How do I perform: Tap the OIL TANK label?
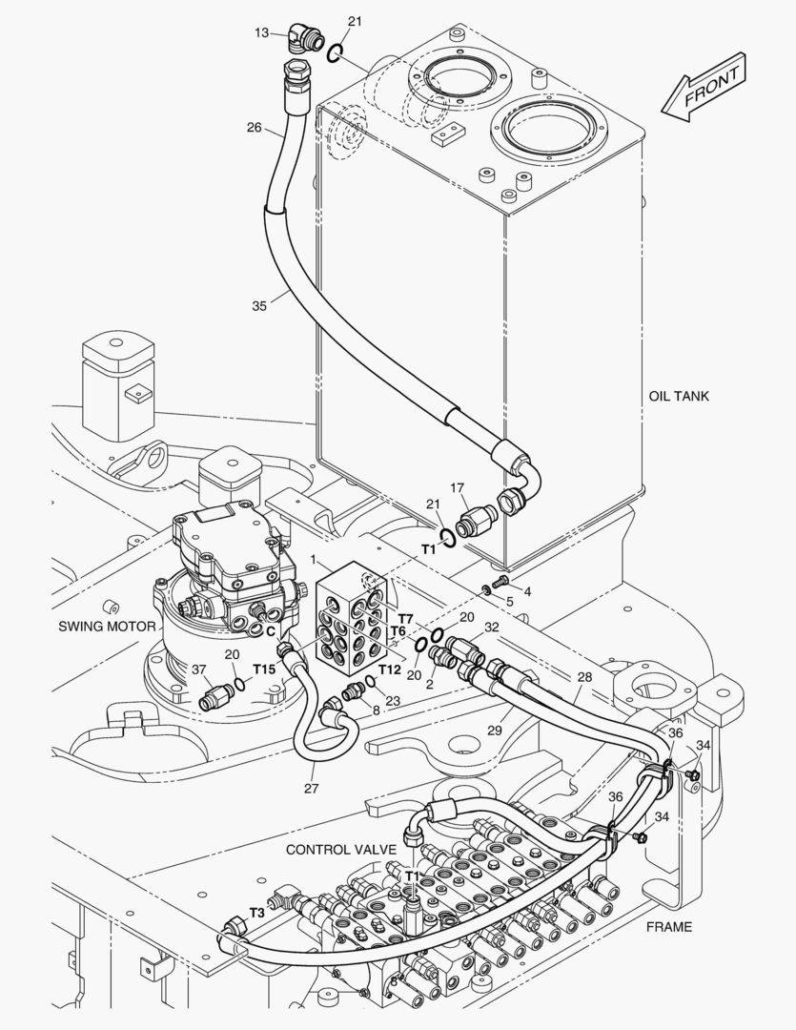click(679, 396)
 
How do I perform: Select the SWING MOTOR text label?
click(107, 627)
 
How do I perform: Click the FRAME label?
click(669, 926)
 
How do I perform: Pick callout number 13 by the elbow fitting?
click(262, 32)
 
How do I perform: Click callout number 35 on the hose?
click(259, 305)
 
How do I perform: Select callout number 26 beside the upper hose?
click(254, 127)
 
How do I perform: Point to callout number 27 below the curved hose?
click(312, 788)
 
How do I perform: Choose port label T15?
click(264, 669)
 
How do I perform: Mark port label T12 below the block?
click(389, 669)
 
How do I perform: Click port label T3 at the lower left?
click(256, 912)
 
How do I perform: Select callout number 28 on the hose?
click(584, 676)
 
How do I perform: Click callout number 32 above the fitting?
click(491, 627)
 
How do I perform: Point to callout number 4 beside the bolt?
click(527, 591)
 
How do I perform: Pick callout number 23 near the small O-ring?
click(393, 701)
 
